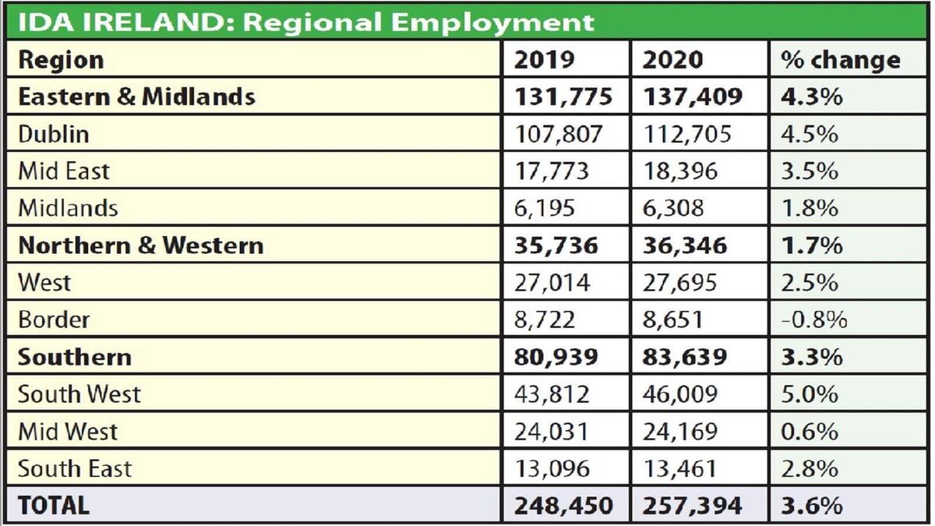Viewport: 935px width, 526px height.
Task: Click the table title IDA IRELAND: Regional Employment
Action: pos(305,21)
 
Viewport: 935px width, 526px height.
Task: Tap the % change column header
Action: pos(841,60)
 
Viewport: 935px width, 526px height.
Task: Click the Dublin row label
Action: pos(53,134)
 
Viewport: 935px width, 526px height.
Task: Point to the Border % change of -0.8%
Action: pos(814,319)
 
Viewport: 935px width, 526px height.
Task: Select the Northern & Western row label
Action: pos(140,245)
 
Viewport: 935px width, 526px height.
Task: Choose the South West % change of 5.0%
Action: pos(810,394)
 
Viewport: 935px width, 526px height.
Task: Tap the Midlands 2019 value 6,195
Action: pos(545,208)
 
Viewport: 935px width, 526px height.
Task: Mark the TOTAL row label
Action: pos(53,505)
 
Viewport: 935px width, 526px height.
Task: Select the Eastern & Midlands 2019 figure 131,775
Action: pos(563,97)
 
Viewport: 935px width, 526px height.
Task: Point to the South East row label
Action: pos(75,468)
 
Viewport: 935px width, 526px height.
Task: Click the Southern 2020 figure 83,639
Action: pos(685,357)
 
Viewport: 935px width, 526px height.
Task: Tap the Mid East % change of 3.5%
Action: pos(810,171)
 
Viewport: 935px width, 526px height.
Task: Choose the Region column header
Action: pos(60,60)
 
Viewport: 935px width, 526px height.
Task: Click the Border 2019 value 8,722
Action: pos(545,319)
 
